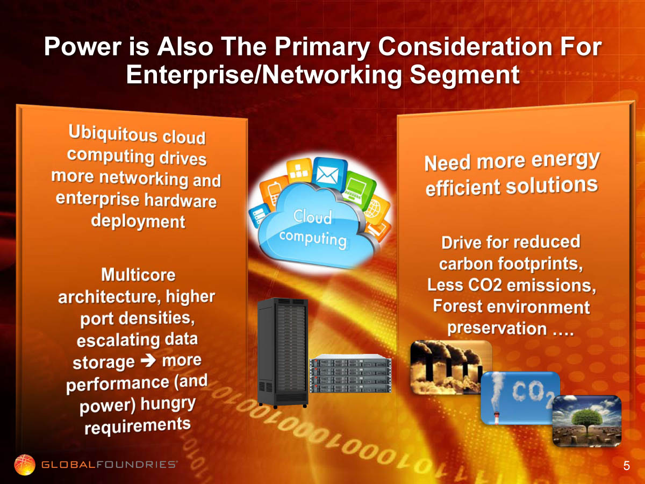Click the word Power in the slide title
83,47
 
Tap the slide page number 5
627,466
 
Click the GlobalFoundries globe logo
25,465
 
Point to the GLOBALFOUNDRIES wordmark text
109,465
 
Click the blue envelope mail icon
328,174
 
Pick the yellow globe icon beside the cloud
376,208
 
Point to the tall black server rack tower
283,353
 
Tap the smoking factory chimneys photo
449,367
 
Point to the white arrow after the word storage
148,360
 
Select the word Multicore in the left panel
138,275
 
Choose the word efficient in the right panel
463,188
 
